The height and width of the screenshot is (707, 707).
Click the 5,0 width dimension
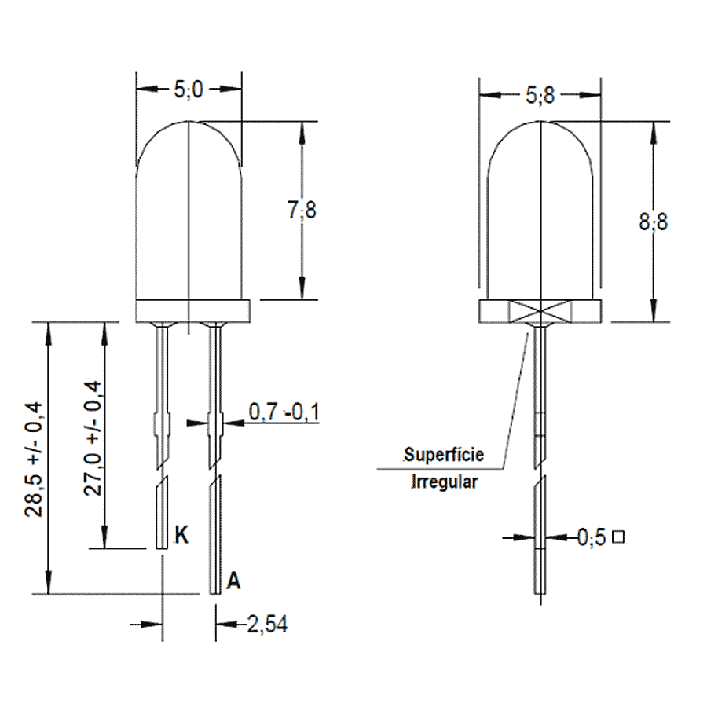[x=189, y=90]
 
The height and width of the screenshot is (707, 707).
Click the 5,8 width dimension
[x=540, y=96]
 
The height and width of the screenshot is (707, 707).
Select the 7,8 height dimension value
[x=302, y=210]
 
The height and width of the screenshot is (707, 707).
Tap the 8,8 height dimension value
[x=654, y=222]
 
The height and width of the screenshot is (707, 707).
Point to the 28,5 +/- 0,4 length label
[x=35, y=459]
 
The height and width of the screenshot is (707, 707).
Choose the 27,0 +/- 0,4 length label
[x=93, y=438]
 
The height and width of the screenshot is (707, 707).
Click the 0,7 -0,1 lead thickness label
[x=284, y=412]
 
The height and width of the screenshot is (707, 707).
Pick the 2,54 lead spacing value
[x=267, y=625]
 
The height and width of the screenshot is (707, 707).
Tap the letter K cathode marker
[x=181, y=535]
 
